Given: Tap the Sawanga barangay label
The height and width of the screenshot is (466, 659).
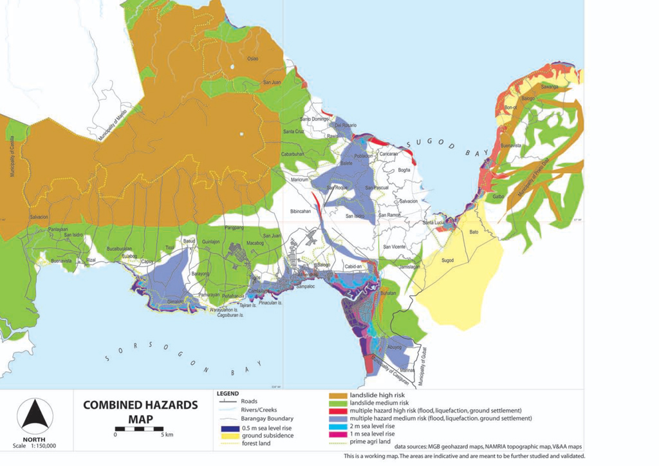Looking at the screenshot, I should [x=549, y=86].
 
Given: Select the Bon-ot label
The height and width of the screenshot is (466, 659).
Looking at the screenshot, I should [x=512, y=107].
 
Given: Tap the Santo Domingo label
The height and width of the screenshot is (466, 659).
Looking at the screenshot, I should [x=315, y=119].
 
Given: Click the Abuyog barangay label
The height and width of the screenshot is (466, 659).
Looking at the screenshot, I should [x=394, y=347].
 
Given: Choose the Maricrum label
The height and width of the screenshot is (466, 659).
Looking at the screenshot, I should [x=301, y=180].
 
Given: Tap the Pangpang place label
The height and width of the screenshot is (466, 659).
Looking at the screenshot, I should [x=233, y=228].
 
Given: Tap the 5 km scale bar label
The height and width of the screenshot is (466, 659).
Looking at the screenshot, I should [x=165, y=434].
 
